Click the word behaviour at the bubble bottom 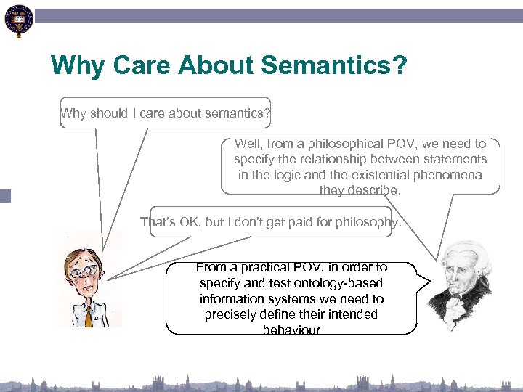[291, 330]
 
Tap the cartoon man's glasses [81, 269]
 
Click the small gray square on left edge [6, 195]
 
